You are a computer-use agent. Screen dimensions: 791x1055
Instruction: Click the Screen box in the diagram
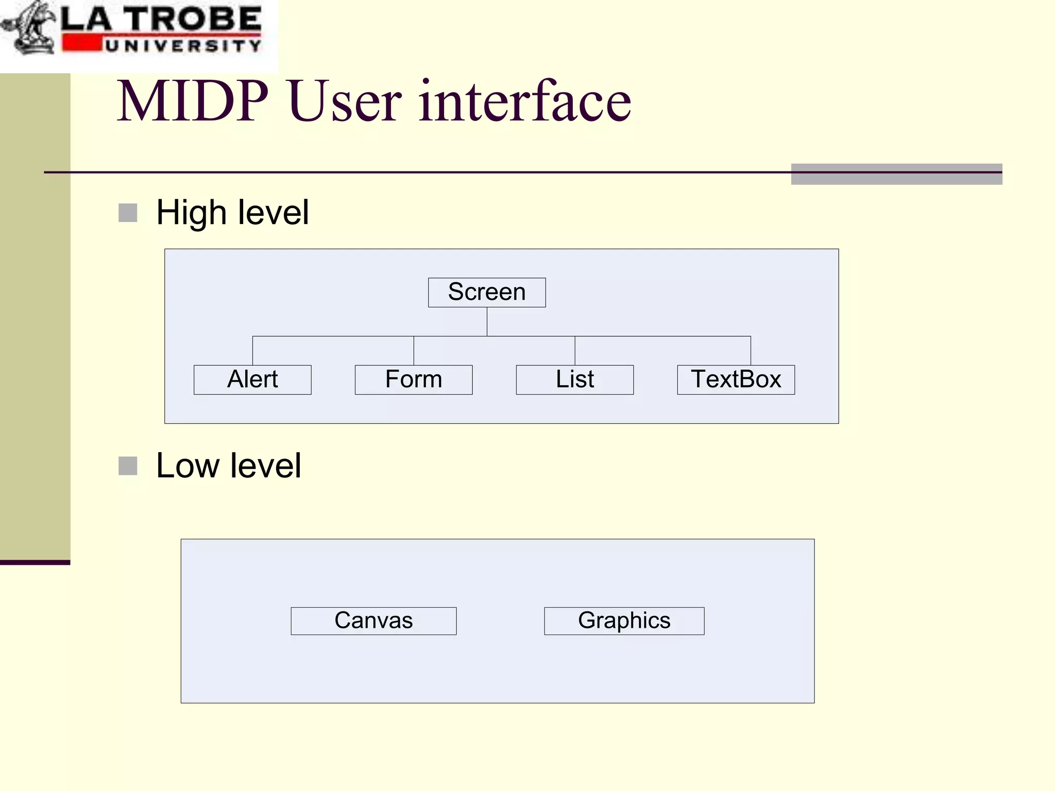tap(487, 293)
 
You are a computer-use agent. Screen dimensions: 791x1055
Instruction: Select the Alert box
tap(252, 380)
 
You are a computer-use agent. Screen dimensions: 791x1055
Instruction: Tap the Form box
tap(414, 380)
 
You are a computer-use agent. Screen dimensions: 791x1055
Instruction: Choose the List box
tap(575, 380)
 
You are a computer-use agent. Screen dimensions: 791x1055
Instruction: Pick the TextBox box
tap(736, 380)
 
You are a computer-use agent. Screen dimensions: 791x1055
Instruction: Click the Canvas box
tap(373, 621)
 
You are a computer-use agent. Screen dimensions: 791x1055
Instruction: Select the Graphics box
tap(624, 621)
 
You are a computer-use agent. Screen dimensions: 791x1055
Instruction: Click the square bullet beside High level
tap(128, 213)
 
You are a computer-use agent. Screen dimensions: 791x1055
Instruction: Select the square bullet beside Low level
tap(128, 466)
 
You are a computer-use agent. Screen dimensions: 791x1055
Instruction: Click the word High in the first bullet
tap(191, 213)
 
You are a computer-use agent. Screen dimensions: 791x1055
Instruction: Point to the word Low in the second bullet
tap(188, 466)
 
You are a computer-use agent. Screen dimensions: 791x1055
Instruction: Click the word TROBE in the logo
tap(193, 20)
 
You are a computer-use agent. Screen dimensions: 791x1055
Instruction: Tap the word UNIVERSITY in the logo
tap(183, 46)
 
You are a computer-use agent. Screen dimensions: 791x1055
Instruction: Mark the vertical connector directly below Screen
tap(487, 321)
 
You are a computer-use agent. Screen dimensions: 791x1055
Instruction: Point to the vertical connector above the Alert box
tap(252, 351)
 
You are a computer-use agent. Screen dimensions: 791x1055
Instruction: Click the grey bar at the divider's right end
tap(896, 174)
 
